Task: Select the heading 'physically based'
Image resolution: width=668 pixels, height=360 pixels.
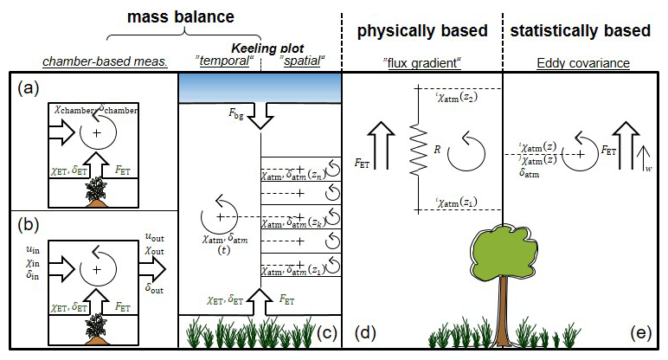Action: click(x=422, y=31)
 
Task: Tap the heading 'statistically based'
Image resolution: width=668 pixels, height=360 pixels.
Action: click(x=580, y=31)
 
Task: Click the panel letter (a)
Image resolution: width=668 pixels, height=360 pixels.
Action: click(x=27, y=88)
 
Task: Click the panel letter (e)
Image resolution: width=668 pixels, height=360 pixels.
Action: click(x=643, y=332)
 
